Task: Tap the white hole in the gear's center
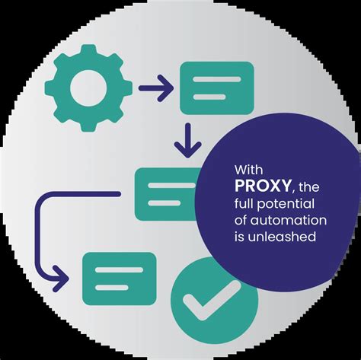pos(88,88)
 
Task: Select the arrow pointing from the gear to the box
pos(156,88)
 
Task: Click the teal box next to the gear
pos(217,88)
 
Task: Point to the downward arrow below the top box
pos(187,140)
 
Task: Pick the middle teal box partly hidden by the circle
pos(166,194)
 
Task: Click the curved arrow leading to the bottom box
pos(39,228)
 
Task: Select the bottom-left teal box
pos(120,279)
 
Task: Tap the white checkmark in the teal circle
pos(212,299)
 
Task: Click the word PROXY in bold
pos(263,186)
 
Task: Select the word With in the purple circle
pos(248,170)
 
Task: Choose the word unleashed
pos(282,237)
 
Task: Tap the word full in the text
pos(244,203)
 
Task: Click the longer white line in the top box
pos(217,79)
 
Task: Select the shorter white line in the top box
pos(209,97)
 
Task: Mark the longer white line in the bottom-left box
pos(120,269)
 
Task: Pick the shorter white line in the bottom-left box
pos(112,288)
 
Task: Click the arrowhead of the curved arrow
pos(61,279)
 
